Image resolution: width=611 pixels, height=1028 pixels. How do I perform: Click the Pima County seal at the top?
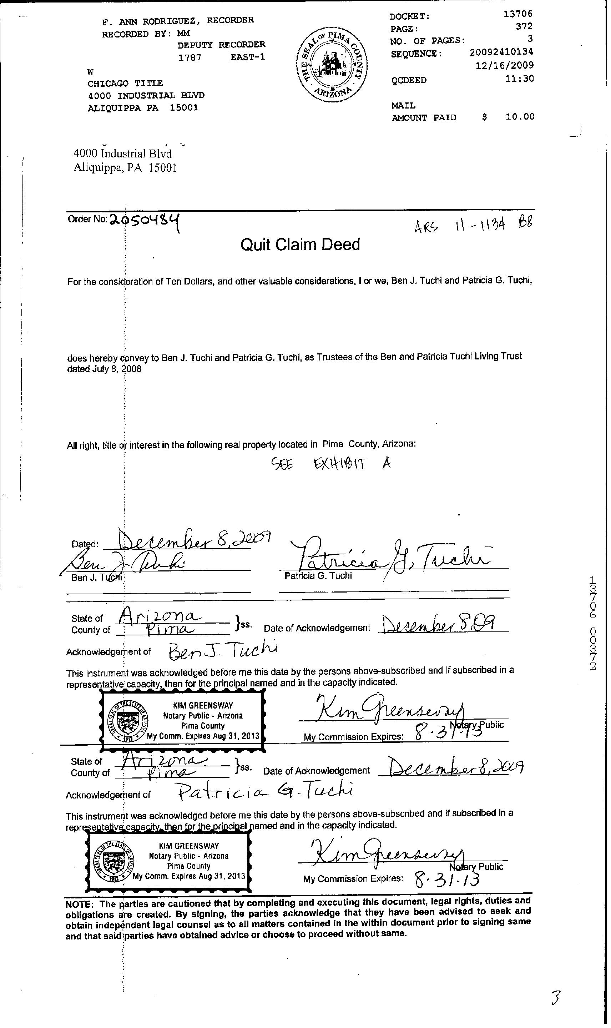[x=332, y=65]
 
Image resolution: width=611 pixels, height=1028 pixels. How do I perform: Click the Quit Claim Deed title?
[x=300, y=245]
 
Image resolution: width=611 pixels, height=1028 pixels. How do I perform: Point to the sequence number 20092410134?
[x=501, y=52]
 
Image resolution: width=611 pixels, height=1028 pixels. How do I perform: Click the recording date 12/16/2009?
[x=504, y=65]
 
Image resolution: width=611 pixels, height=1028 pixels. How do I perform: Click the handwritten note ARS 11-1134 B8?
[x=473, y=225]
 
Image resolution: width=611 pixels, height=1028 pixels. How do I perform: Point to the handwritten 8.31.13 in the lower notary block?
[x=447, y=880]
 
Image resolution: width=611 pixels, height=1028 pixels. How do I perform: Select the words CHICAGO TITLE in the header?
[x=125, y=83]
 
